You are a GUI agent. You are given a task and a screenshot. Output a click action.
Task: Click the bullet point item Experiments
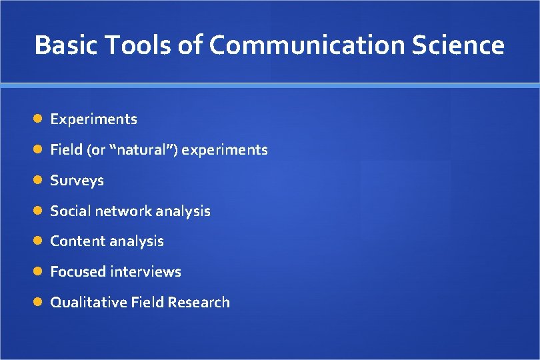click(x=94, y=119)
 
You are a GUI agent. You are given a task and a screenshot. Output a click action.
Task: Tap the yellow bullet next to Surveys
click(x=39, y=180)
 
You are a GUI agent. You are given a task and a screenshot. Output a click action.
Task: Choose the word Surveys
click(x=77, y=181)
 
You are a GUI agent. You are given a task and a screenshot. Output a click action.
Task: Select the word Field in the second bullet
click(x=66, y=150)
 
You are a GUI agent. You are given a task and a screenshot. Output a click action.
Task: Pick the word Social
click(x=71, y=211)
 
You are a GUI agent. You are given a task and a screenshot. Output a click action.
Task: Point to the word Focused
click(x=78, y=272)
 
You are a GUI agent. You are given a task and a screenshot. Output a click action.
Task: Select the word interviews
click(x=146, y=272)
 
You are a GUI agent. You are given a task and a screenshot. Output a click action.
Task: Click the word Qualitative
click(x=89, y=303)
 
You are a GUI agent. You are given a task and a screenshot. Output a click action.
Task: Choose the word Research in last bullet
click(x=199, y=303)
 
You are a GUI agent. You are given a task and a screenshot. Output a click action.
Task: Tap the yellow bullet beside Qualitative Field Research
click(x=39, y=302)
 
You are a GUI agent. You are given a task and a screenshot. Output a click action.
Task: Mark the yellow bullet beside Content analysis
click(x=39, y=241)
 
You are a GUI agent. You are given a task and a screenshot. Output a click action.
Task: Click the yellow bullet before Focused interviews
click(x=39, y=271)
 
